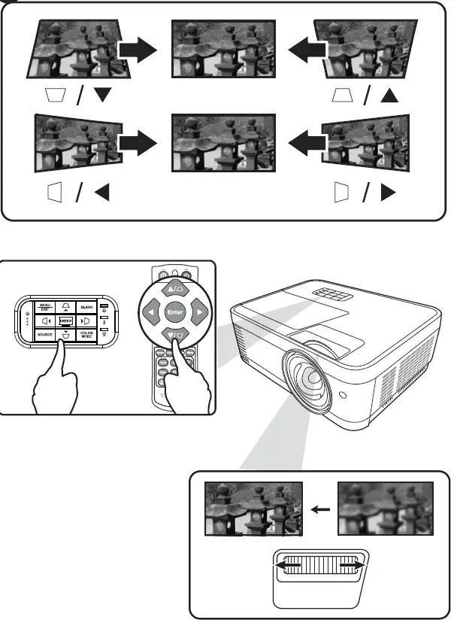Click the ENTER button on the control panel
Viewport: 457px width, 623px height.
tap(66, 321)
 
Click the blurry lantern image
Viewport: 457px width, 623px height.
tap(386, 509)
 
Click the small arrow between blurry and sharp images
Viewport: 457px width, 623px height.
tap(321, 509)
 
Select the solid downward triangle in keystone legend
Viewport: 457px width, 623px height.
tap(101, 94)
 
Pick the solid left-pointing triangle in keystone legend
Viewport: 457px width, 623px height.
tap(101, 193)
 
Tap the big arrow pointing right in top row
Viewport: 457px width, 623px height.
tap(138, 50)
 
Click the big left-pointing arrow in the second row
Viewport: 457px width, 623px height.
tap(309, 141)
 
